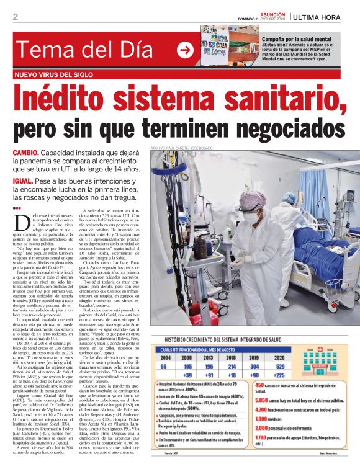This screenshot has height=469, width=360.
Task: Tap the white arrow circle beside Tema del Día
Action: pyautogui.click(x=186, y=50)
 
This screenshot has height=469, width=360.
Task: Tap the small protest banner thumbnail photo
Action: pyautogui.click(x=221, y=45)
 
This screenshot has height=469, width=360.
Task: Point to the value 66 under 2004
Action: pyautogui.click(x=164, y=367)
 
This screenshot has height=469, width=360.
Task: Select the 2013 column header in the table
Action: pyautogui.click(x=209, y=358)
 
